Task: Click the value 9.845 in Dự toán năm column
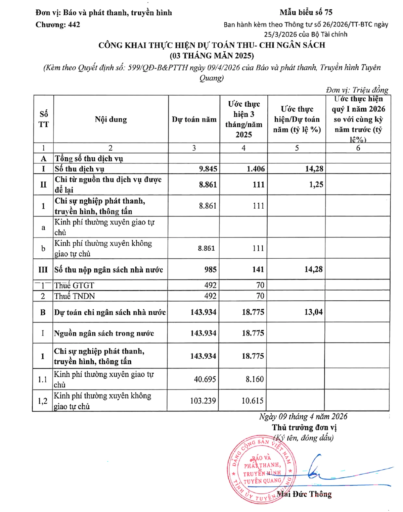tap(208, 169)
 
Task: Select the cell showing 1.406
tap(256, 169)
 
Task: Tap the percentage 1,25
tap(316, 185)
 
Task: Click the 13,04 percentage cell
tap(313, 312)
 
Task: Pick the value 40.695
tap(205, 379)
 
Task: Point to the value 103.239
tap(203, 401)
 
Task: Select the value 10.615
tap(253, 401)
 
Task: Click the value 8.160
tap(255, 379)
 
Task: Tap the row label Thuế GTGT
tap(74, 286)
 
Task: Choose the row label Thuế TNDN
tap(75, 296)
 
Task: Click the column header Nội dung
tap(111, 119)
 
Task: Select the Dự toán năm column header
tap(194, 119)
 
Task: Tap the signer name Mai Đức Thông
tap(304, 494)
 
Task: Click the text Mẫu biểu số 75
tap(306, 12)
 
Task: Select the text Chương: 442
tap(58, 24)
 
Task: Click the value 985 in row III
tap(210, 269)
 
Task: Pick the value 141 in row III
tap(258, 269)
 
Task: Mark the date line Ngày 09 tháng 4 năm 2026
tap(303, 417)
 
